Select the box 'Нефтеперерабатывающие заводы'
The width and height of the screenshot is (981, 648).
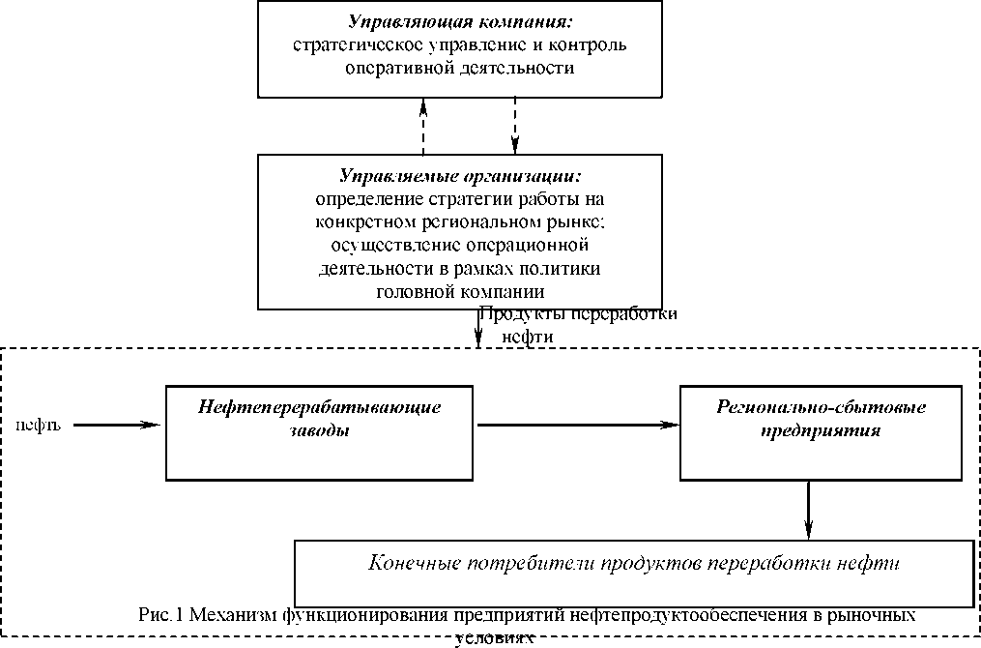320,432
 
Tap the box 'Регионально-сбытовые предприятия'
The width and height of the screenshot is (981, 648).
821,432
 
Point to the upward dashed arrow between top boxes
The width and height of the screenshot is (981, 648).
423,125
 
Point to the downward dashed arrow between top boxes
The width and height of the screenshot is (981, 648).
515,125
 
